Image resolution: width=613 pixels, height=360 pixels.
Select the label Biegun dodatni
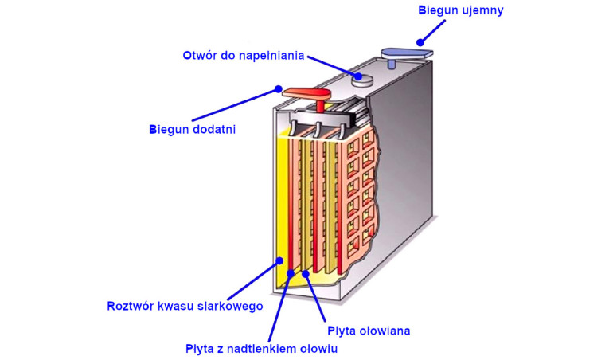(193, 128)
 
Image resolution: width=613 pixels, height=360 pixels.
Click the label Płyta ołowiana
(368, 329)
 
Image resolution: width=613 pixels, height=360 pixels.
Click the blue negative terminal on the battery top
(406, 53)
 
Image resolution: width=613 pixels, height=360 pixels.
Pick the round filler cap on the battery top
(363, 78)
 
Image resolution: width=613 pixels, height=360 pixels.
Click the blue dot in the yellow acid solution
(279, 260)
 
